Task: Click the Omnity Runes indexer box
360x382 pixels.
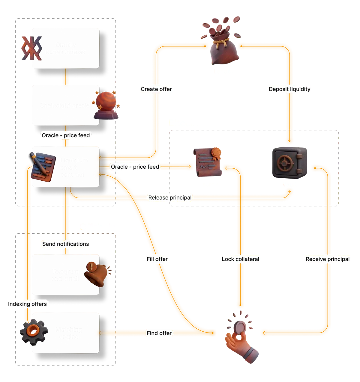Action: [x=65, y=48]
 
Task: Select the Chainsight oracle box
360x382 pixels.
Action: [x=65, y=105]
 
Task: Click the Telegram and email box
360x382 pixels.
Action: [x=65, y=275]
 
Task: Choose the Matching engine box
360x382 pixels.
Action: [x=68, y=333]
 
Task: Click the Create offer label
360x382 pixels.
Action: [x=156, y=89]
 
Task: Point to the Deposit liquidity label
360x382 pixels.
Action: [x=289, y=89]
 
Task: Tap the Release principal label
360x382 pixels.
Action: [x=170, y=198]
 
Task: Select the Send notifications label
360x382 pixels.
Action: [x=65, y=244]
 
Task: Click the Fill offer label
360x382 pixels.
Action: [x=157, y=259]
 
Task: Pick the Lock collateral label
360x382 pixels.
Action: [x=240, y=259]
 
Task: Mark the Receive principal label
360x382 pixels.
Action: [x=327, y=259]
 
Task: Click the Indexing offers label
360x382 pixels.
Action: [x=27, y=304]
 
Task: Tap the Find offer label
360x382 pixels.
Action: [x=159, y=333]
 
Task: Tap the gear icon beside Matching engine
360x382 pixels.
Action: [x=33, y=332]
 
